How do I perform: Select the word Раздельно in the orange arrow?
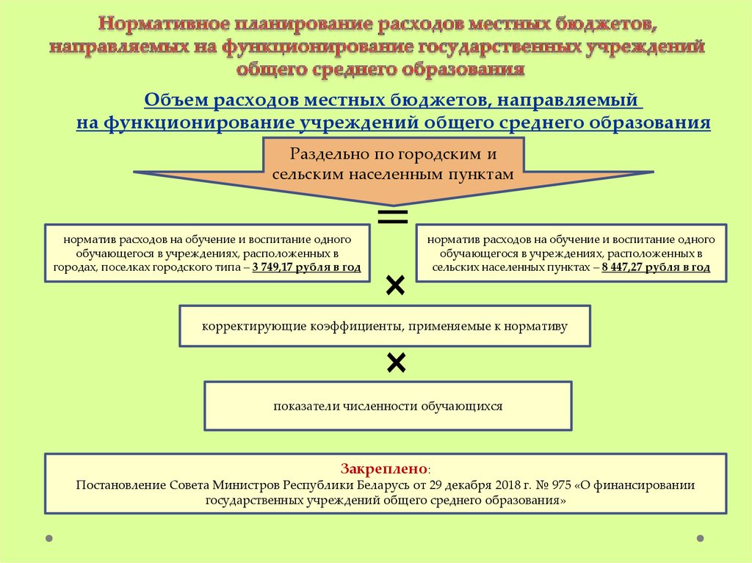(x=328, y=155)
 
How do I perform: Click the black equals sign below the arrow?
(x=392, y=216)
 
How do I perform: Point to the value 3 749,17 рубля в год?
(x=306, y=268)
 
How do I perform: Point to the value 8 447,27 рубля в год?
(x=656, y=268)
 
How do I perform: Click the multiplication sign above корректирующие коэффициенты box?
(x=395, y=286)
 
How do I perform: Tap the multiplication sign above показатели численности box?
(x=395, y=362)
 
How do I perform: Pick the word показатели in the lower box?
(x=302, y=405)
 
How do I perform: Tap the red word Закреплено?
(x=383, y=468)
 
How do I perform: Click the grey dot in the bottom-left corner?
(x=49, y=538)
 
